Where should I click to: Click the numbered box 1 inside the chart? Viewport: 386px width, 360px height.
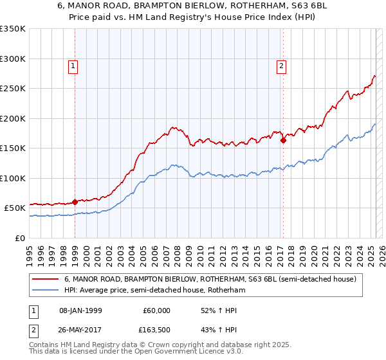[73, 65]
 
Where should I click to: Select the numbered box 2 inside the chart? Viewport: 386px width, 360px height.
[282, 65]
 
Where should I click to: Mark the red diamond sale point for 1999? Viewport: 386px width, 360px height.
[75, 202]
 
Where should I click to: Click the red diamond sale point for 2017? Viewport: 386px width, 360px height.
[283, 140]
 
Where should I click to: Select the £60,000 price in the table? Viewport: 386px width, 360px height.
[156, 310]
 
